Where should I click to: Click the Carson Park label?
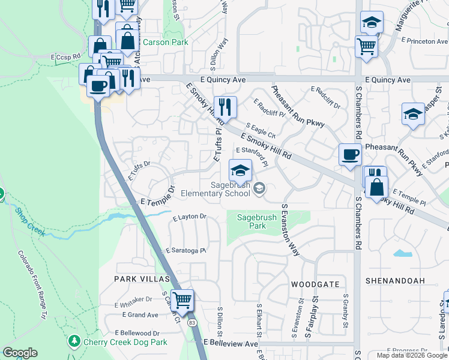165,42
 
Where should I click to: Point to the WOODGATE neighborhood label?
315,284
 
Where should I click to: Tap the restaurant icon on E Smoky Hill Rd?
225,107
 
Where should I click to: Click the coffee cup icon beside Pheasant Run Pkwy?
350,154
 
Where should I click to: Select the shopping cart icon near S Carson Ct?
182,299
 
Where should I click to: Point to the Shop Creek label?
29,222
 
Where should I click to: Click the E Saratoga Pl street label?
185,250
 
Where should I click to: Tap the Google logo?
20,353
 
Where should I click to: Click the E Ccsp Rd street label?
65,57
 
